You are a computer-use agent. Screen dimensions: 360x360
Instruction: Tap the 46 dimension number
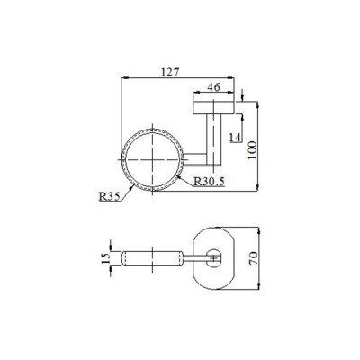(215, 87)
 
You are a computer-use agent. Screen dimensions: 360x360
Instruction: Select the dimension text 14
(234, 138)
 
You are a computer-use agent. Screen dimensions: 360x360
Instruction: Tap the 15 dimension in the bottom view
(104, 258)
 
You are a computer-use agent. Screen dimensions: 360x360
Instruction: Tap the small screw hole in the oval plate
(213, 258)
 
